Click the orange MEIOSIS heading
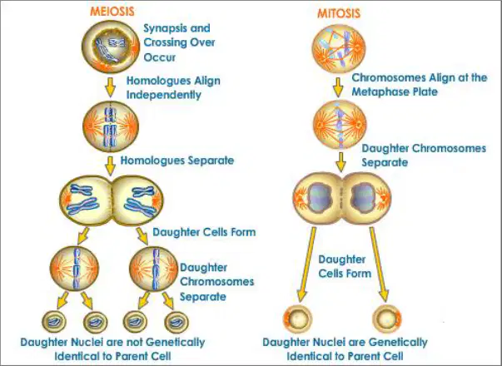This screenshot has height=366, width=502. click(x=112, y=11)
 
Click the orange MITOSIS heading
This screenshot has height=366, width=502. click(x=339, y=13)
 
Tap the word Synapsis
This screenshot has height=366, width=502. click(x=165, y=28)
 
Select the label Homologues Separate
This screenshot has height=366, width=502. click(x=177, y=160)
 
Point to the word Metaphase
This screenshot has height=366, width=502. click(x=378, y=91)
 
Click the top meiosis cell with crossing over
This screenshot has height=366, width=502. click(x=111, y=47)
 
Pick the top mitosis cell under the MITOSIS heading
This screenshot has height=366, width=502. click(x=338, y=48)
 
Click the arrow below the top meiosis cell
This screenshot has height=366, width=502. click(x=111, y=87)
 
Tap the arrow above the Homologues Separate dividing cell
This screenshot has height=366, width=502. click(x=111, y=166)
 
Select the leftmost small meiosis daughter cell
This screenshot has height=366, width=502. click(x=54, y=322)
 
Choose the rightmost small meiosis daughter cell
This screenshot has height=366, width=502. click(x=176, y=322)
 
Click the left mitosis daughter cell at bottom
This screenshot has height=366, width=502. click(x=297, y=319)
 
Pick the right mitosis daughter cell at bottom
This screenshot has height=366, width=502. click(x=387, y=319)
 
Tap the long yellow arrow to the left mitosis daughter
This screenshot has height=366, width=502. click(x=306, y=265)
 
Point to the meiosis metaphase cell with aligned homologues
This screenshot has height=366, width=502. click(x=111, y=126)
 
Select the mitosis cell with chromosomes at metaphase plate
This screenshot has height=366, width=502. click(x=340, y=125)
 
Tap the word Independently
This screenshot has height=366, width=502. click(x=164, y=95)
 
